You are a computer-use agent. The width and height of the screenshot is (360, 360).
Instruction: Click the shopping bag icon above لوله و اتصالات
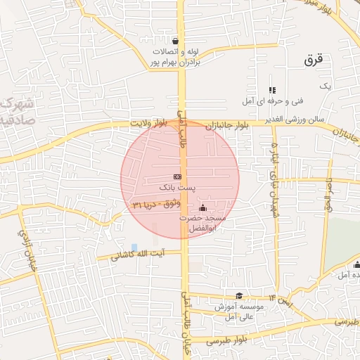click(174, 41)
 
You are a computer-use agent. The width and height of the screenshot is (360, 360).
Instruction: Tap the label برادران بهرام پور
click(174, 63)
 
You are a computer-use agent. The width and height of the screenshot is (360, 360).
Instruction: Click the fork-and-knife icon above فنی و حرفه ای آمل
click(272, 90)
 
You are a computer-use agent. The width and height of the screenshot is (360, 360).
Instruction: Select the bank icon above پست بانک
click(177, 176)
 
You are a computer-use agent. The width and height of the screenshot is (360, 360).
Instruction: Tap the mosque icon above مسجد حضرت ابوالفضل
click(203, 207)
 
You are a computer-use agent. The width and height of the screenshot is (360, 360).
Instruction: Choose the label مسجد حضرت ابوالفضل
click(203, 224)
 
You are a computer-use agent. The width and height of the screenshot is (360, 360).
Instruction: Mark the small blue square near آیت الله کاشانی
click(134, 247)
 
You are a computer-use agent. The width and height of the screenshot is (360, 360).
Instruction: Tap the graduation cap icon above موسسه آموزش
click(239, 296)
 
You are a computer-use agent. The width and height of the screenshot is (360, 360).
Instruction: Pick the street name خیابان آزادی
click(24, 243)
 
